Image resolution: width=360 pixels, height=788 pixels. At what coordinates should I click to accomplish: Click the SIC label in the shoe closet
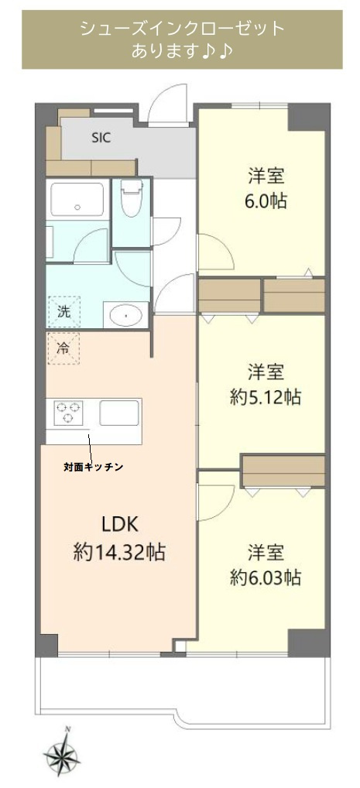coord(101,139)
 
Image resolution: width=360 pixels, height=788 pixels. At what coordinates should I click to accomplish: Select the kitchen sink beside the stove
coord(118,413)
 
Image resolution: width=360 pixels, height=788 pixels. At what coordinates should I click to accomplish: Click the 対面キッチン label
coord(94,468)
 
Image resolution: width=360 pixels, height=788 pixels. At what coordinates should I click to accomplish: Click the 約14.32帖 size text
coord(118,553)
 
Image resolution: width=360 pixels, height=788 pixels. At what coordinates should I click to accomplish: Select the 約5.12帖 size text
coord(265,398)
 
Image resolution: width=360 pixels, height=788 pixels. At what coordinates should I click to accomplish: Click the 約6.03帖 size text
coord(265,577)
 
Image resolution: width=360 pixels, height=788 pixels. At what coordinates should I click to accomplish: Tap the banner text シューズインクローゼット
coord(183,29)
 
